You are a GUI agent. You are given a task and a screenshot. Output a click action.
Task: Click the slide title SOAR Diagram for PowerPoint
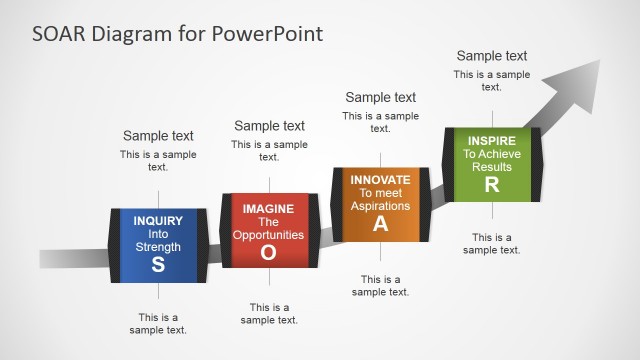[177, 33]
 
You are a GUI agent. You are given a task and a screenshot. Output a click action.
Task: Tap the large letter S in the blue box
[158, 265]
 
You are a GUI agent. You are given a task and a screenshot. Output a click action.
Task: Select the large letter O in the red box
[268, 253]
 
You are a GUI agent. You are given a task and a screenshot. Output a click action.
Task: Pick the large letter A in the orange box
[380, 223]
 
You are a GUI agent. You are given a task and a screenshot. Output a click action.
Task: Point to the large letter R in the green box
[491, 184]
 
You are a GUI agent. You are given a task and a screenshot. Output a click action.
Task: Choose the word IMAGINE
[268, 208]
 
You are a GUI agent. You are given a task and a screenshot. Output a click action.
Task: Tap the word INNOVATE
[380, 179]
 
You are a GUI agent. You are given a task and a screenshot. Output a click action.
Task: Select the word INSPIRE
[491, 141]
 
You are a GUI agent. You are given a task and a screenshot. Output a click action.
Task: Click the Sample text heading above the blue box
[158, 136]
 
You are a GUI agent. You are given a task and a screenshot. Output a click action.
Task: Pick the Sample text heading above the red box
[269, 126]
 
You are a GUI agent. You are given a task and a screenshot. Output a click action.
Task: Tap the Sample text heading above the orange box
[380, 97]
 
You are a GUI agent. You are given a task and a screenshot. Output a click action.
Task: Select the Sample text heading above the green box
[491, 56]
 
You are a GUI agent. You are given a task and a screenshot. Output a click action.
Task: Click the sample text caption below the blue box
[158, 323]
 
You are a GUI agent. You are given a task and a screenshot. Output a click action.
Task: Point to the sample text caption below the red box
[269, 313]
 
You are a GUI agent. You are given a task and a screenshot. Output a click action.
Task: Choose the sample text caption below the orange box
[380, 285]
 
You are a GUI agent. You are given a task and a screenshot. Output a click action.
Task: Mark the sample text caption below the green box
[491, 243]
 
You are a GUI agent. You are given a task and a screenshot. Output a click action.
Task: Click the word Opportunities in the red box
[268, 235]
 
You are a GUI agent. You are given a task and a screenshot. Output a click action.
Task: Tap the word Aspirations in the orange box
[380, 205]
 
